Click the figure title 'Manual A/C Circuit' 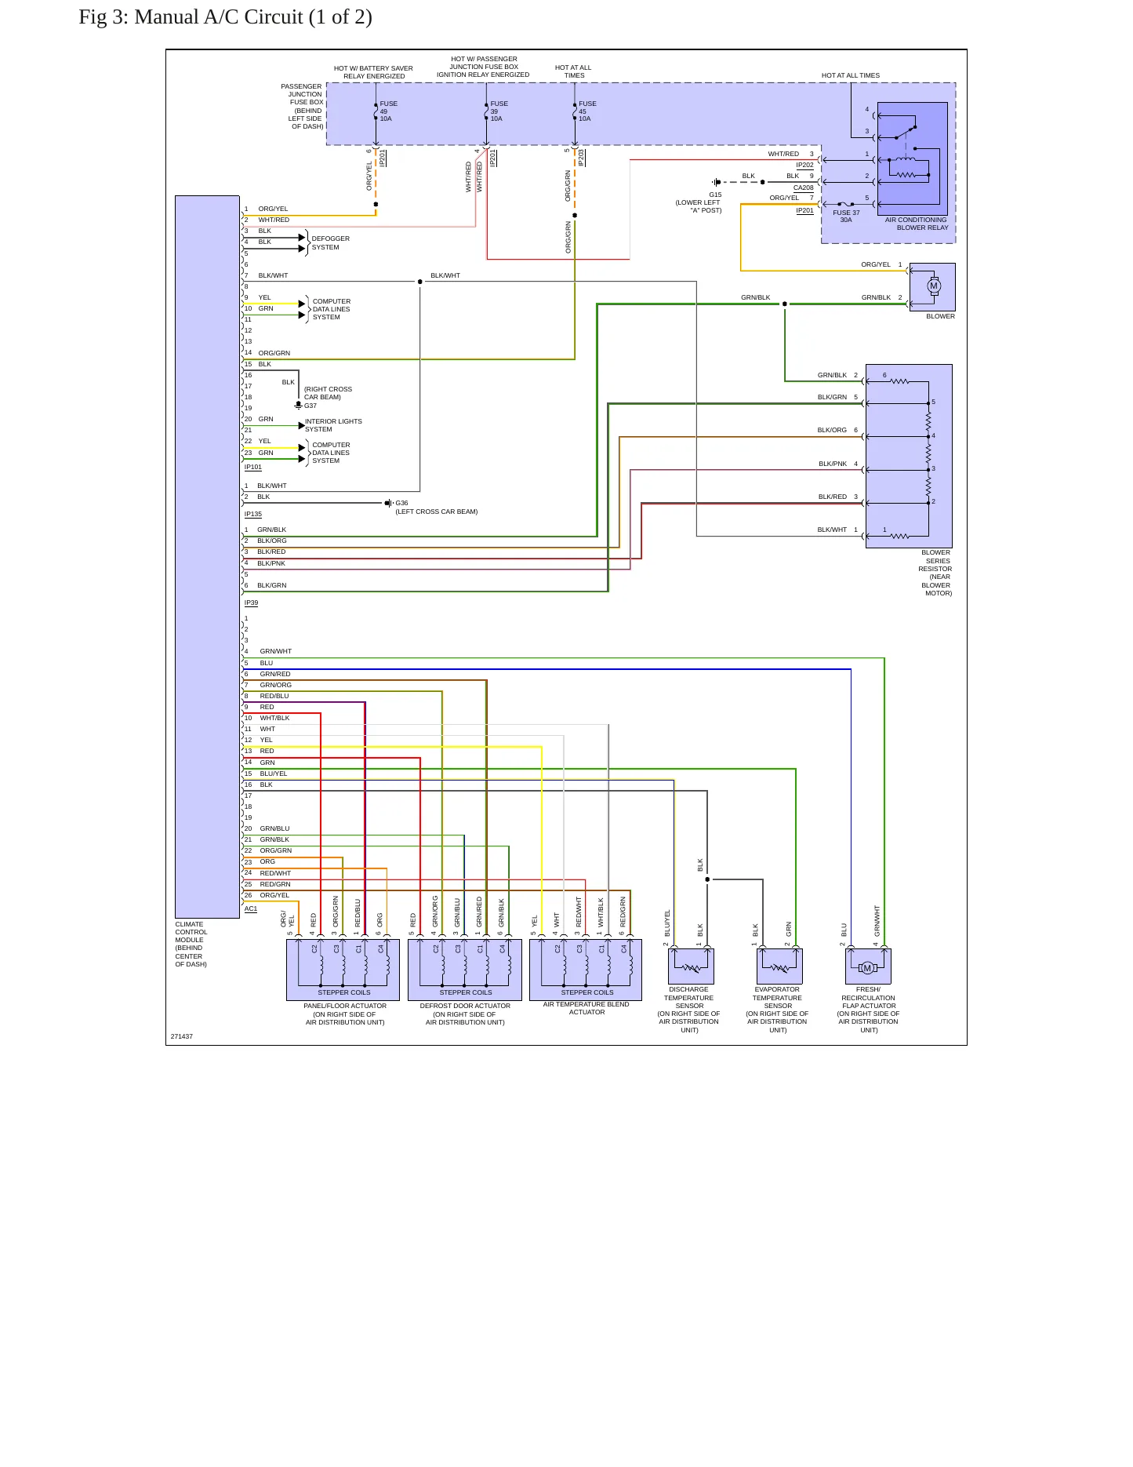[219, 17]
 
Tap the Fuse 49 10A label [389, 111]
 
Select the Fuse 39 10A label [499, 111]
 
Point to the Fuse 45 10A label [587, 111]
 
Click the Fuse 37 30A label [846, 217]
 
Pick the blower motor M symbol [933, 286]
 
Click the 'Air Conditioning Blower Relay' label [917, 224]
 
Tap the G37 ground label [310, 406]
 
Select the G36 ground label [401, 503]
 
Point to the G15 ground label [715, 195]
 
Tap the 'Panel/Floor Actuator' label [345, 1006]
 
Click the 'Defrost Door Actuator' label [465, 1006]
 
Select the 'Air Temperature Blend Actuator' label [586, 1008]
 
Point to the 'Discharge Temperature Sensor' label [689, 998]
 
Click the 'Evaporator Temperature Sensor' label [778, 998]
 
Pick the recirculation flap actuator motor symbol [867, 968]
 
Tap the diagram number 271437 [182, 1036]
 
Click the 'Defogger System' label [331, 243]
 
